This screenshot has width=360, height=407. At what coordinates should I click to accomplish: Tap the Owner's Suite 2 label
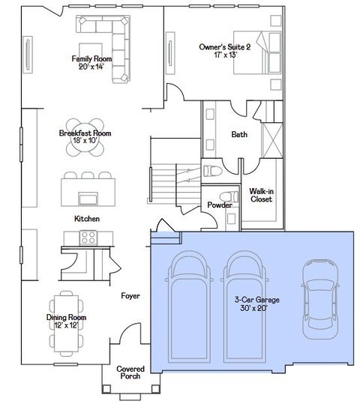(223, 47)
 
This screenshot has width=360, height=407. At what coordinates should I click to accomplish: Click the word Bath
(239, 135)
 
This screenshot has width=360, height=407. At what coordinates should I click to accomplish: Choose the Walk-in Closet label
(261, 196)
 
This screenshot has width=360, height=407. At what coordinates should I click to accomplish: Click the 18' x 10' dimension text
(85, 141)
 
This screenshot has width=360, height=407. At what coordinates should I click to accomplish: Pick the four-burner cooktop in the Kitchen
(88, 238)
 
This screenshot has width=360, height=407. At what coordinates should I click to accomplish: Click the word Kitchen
(87, 218)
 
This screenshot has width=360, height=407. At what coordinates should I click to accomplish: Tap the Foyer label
(131, 296)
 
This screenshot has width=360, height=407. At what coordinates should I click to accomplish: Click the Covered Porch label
(130, 373)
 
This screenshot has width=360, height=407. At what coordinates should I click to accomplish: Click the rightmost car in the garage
(314, 293)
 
